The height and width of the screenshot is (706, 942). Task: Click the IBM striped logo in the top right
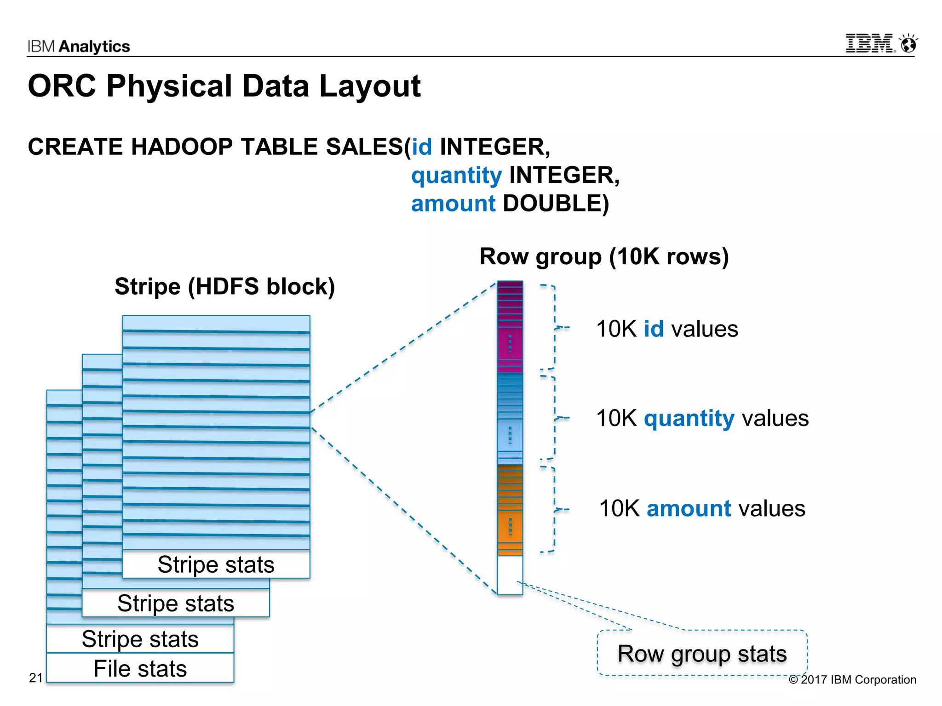coord(870,43)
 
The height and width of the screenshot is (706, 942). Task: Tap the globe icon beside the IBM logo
coord(908,44)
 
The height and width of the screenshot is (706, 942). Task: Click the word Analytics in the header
coord(94,46)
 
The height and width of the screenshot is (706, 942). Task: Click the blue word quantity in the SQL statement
coord(456,176)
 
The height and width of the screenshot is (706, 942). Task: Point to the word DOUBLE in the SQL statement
coord(555,204)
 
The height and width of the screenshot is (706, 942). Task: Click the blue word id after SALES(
coord(421,147)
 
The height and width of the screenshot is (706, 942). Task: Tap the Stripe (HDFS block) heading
coord(224,286)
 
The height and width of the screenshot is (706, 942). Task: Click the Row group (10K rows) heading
coord(603,256)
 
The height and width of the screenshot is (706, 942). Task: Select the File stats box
coord(140,668)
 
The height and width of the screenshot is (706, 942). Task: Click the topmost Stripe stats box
coord(216,564)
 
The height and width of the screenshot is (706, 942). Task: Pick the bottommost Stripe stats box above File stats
coord(140,639)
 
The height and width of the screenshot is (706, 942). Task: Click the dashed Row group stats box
coord(702,653)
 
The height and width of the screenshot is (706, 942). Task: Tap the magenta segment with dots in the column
coord(510,343)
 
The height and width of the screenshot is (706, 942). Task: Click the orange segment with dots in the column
coord(510,526)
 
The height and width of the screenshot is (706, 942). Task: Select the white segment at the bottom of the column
coord(510,575)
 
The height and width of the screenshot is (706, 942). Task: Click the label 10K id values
coord(666,329)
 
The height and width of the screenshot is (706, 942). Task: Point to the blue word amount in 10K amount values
coord(689,509)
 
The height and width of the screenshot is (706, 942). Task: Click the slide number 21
coord(36,678)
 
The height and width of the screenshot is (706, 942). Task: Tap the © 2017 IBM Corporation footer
coord(852,680)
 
